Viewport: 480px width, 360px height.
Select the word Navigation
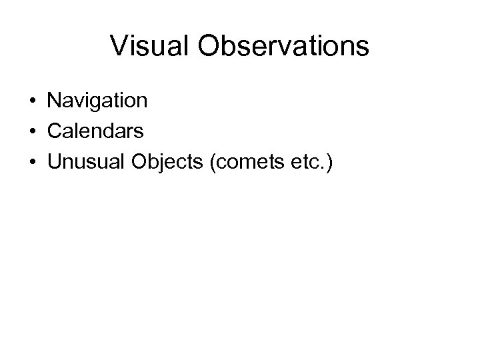point(97,101)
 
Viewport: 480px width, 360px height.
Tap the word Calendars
point(95,131)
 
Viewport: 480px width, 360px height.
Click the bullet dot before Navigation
point(32,102)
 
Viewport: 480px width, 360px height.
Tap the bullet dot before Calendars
point(32,132)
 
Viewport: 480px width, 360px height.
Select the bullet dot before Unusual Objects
point(32,162)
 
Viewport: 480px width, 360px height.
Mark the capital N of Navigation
point(54,101)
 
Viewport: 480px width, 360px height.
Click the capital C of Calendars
point(55,131)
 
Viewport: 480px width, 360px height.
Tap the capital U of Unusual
point(54,161)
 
